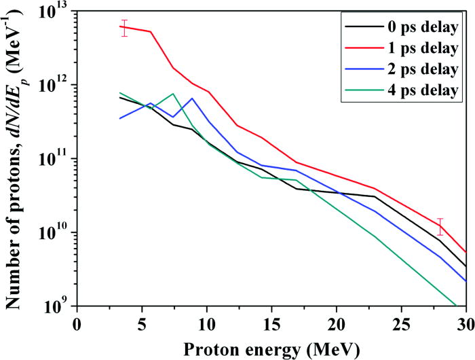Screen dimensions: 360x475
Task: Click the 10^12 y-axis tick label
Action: (56, 85)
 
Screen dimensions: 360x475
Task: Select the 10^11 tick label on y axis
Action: (56, 159)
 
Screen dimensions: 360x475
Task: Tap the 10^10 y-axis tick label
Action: (56, 232)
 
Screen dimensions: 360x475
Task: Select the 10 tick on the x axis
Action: (207, 321)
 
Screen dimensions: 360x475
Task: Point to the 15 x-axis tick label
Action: (272, 321)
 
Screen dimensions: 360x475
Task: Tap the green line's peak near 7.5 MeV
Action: (173, 94)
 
